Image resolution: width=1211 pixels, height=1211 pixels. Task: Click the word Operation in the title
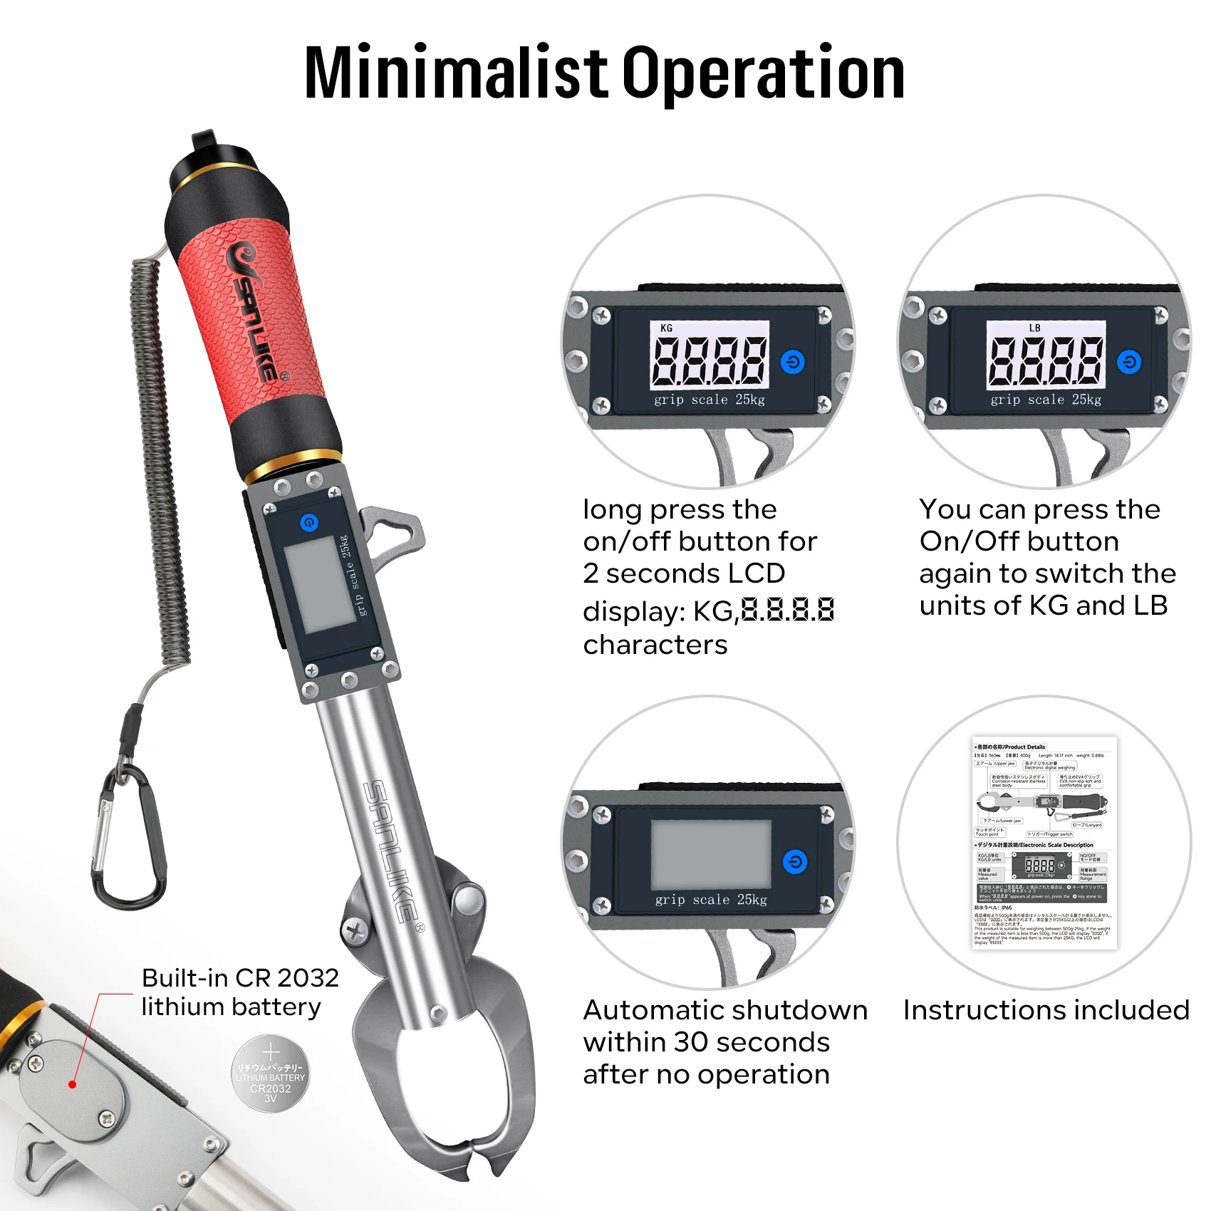click(x=763, y=73)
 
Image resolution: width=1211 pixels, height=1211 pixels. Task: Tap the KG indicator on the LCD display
click(x=666, y=328)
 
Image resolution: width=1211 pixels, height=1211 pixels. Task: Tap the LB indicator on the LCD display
click(x=1034, y=328)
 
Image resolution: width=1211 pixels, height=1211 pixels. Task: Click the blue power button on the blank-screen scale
click(x=795, y=862)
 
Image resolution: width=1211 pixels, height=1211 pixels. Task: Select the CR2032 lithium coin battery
click(x=271, y=1074)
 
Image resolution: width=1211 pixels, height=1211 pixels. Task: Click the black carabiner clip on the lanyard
click(x=128, y=841)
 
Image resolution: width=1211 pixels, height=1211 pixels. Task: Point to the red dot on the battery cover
click(x=72, y=1084)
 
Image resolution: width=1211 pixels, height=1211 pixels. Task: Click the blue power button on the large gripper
click(x=309, y=523)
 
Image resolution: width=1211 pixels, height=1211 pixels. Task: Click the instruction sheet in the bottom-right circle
click(x=1044, y=843)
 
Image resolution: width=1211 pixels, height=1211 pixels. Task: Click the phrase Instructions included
click(x=1046, y=1010)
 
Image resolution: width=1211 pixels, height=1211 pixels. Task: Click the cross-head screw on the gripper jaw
click(x=355, y=930)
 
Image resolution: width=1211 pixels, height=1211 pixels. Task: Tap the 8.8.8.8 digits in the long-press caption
click(x=787, y=610)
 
